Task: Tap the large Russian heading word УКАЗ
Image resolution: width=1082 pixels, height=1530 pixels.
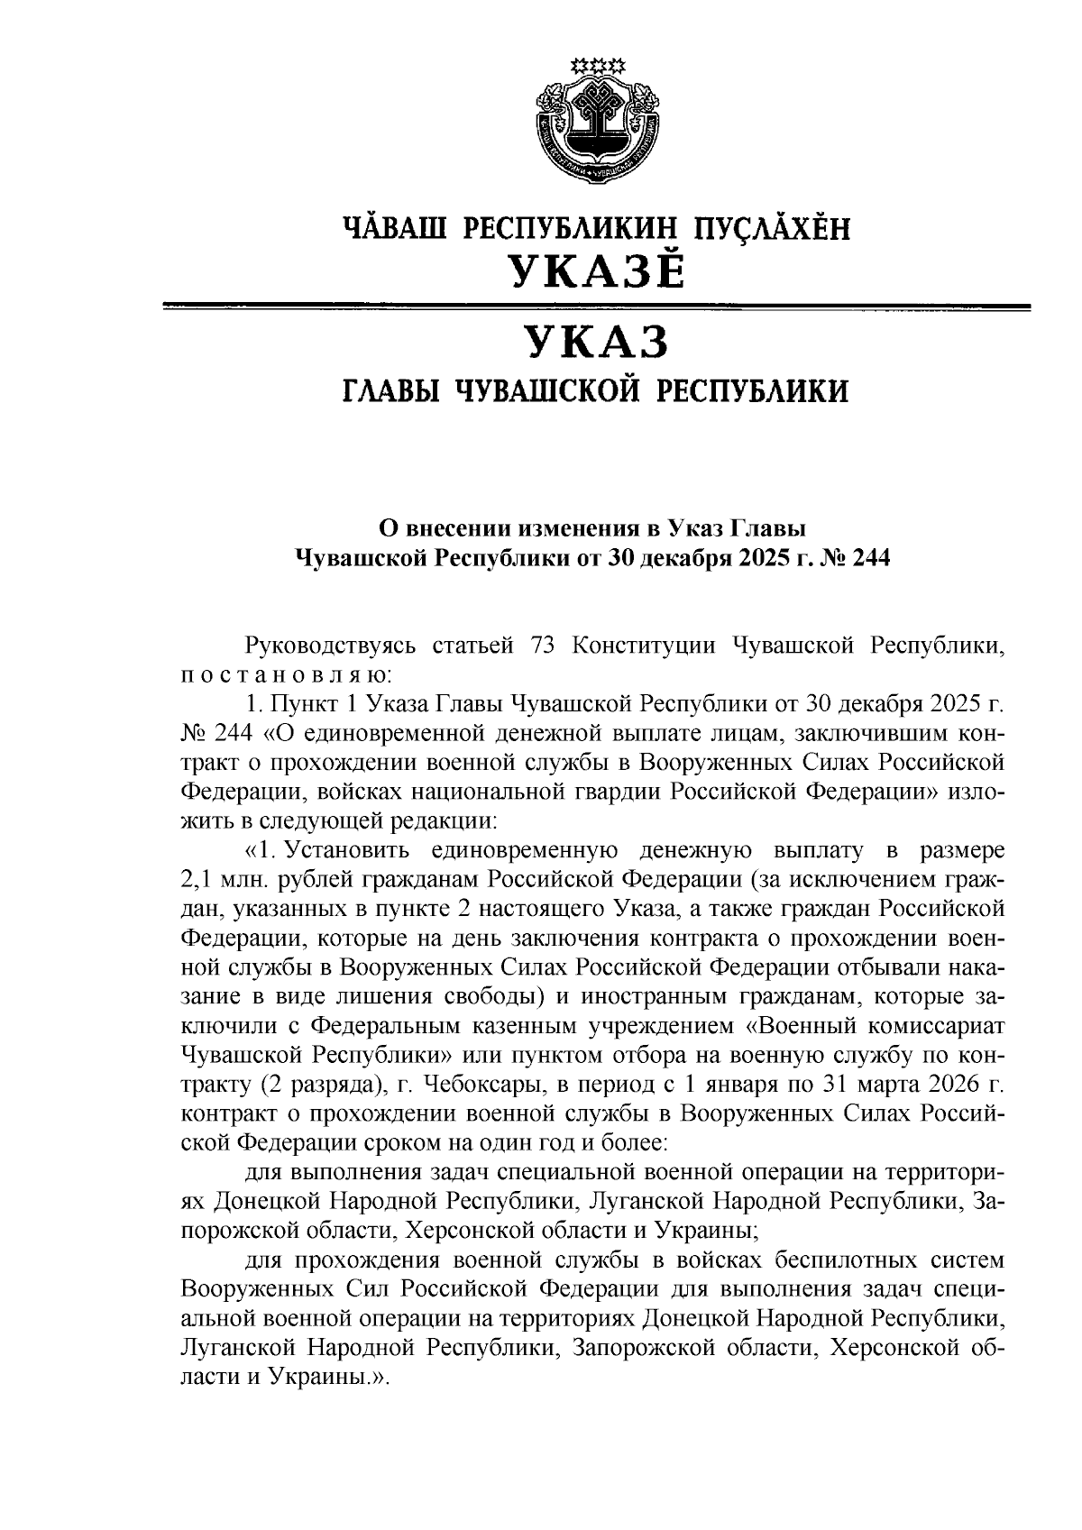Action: coord(596,344)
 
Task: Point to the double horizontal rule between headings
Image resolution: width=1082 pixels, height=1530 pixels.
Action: coord(596,308)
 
